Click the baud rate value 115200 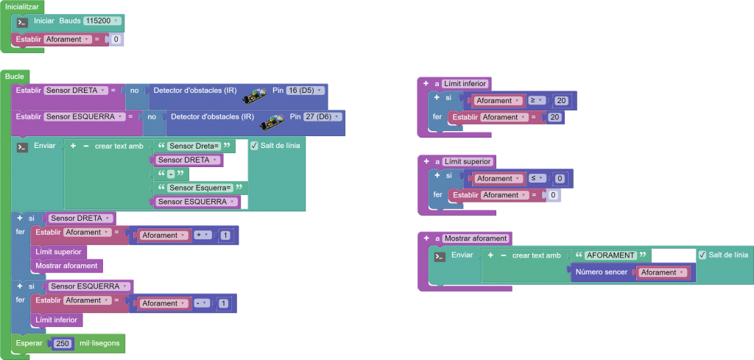click(x=101, y=21)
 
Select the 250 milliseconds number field click(x=62, y=343)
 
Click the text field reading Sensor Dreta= click(x=190, y=146)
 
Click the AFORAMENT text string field click(x=610, y=255)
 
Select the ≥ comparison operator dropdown click(x=536, y=101)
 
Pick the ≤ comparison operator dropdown click(x=536, y=178)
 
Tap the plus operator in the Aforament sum click(x=201, y=236)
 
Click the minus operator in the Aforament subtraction click(x=201, y=303)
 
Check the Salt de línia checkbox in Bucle click(x=254, y=146)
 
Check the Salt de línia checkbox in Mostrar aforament click(x=702, y=255)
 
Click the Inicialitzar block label click(x=22, y=7)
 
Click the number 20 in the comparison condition click(x=562, y=101)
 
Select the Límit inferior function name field click(x=465, y=84)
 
